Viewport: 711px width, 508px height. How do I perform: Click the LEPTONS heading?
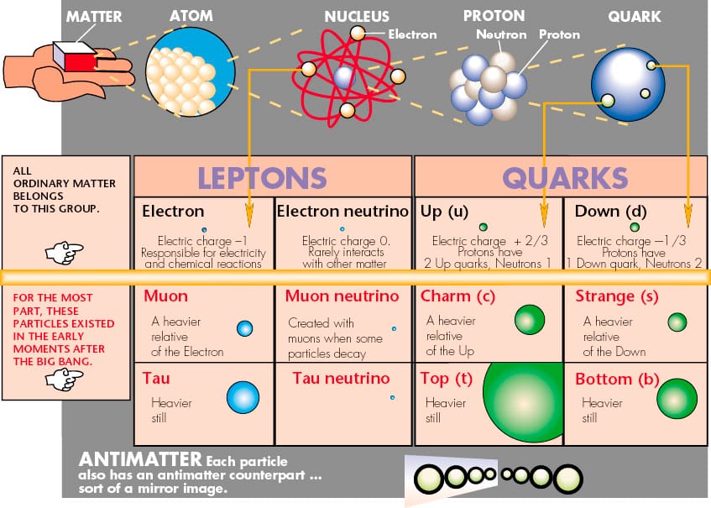tap(262, 177)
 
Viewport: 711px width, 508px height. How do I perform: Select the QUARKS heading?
tap(565, 177)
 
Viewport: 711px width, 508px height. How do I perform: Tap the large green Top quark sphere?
tap(523, 403)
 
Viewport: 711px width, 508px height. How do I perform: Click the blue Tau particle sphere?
tap(243, 397)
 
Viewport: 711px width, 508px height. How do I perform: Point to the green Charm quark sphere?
tap(530, 320)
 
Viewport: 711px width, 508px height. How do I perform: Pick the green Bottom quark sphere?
tap(677, 399)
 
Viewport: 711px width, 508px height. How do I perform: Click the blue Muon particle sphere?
tap(245, 328)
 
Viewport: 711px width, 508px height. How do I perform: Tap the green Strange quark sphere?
tap(677, 322)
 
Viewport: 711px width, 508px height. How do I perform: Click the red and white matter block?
tap(76, 56)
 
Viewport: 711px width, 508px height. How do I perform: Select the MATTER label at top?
tap(94, 17)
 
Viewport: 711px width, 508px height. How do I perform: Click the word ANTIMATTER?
tap(140, 459)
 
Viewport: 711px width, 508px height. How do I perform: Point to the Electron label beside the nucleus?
tap(413, 34)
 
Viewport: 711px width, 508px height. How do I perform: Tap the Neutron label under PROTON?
tap(501, 34)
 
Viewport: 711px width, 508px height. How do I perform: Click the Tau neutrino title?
tap(341, 378)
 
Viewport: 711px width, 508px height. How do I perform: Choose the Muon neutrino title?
tap(342, 296)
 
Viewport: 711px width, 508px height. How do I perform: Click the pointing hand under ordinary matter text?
tap(65, 252)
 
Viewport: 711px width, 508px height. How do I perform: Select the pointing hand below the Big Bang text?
tap(65, 380)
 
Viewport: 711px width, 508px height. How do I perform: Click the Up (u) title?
tap(444, 212)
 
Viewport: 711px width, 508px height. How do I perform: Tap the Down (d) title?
tap(610, 212)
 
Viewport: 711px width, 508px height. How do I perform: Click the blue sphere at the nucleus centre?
tap(343, 77)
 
